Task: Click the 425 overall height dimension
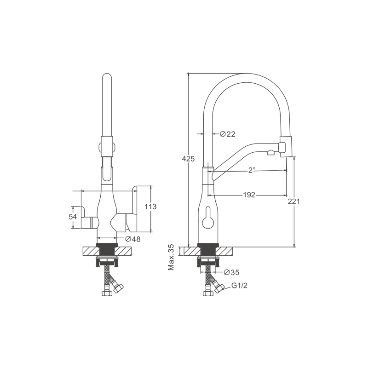tap(189, 159)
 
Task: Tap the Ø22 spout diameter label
tap(227, 134)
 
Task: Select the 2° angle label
tap(252, 170)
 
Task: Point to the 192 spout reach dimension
tap(249, 195)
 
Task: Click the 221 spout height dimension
tap(294, 201)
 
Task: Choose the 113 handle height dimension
tap(150, 207)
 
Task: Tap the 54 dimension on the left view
tap(73, 217)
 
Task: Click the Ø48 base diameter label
tap(133, 239)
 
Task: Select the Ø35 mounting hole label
tap(231, 272)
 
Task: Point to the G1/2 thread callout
tap(239, 286)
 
